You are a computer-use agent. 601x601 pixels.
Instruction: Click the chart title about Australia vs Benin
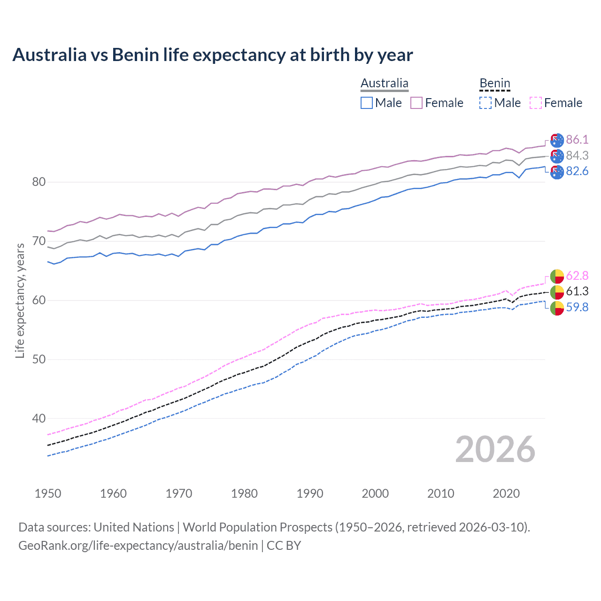(x=212, y=55)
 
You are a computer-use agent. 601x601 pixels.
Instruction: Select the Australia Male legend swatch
(x=367, y=103)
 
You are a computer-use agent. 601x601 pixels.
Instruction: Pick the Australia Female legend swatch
(x=416, y=103)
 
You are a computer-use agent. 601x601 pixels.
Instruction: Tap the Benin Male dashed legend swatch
(x=485, y=103)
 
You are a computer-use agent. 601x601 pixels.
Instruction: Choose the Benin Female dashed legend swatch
(x=536, y=103)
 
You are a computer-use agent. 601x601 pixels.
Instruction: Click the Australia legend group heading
(x=385, y=83)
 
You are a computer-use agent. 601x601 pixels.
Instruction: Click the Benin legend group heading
(x=494, y=83)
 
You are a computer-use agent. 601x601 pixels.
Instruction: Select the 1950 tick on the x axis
(x=48, y=493)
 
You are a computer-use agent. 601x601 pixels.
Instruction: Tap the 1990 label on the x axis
(x=310, y=493)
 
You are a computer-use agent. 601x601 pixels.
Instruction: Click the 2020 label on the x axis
(x=506, y=493)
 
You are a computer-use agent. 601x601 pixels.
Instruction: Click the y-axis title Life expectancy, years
(x=20, y=300)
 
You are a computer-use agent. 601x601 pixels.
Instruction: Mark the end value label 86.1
(x=577, y=139)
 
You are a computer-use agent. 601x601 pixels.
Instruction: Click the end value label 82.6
(x=577, y=171)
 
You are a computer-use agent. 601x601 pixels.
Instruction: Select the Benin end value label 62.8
(x=577, y=276)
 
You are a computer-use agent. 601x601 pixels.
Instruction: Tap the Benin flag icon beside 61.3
(x=557, y=292)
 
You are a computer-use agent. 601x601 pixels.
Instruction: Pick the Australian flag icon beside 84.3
(x=557, y=156)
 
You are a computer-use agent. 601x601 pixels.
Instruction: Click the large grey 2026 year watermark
(x=495, y=449)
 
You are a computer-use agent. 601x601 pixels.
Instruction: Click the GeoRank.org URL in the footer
(x=138, y=546)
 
